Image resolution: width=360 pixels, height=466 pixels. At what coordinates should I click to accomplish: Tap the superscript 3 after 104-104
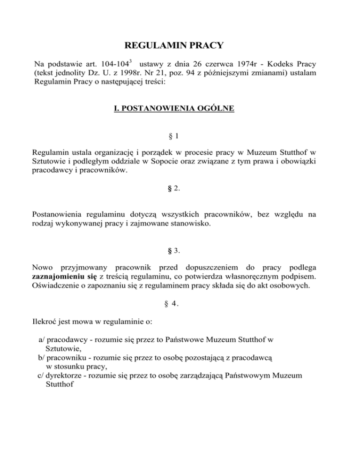(131, 60)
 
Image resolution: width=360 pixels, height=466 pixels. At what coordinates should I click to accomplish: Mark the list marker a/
(41, 339)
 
